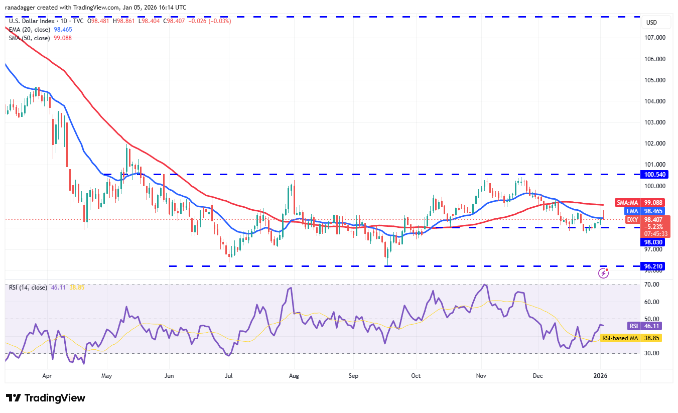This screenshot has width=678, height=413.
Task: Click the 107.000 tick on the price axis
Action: [655, 38]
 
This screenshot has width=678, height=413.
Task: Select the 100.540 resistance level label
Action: [655, 175]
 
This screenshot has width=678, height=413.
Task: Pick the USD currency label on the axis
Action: [651, 23]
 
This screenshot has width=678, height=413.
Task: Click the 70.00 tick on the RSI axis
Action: [652, 285]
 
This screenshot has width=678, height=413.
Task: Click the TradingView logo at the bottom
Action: [46, 398]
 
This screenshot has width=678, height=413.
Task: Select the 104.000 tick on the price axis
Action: [655, 101]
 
